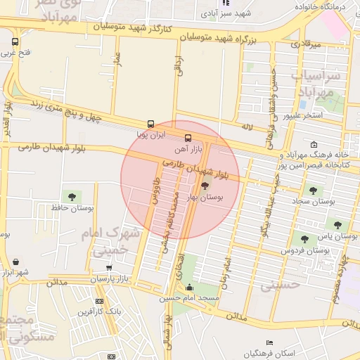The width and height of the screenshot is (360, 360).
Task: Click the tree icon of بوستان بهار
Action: [205, 186]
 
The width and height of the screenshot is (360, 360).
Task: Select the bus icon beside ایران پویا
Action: [151, 124]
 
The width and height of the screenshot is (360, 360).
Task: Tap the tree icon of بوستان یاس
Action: [338, 225]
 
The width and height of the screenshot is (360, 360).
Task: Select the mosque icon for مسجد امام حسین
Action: [189, 287]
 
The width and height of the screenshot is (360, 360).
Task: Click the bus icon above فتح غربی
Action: [15, 40]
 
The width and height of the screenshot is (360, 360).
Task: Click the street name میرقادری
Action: [306, 45]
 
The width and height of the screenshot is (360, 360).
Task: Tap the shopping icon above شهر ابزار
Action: [16, 262]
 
